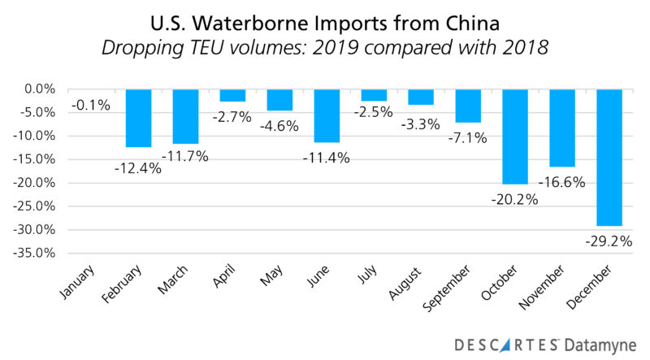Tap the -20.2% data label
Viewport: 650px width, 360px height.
pyautogui.click(x=515, y=197)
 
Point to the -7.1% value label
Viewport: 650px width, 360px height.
pyautogui.click(x=467, y=137)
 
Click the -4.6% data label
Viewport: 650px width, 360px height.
pyautogui.click(x=279, y=126)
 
